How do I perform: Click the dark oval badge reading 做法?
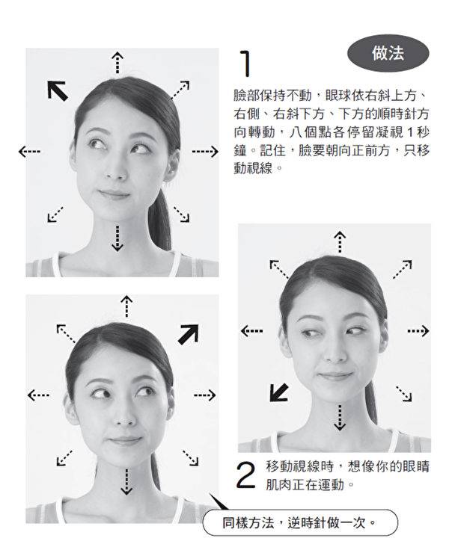coord(388,54)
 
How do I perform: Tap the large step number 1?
coord(245,64)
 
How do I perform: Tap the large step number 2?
coord(245,475)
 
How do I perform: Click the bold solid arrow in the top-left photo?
coord(58,90)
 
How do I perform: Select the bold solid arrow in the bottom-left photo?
coord(188,334)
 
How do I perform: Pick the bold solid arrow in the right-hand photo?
coord(279,392)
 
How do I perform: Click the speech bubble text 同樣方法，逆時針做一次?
coord(299,522)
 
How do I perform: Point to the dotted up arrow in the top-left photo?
coord(117,63)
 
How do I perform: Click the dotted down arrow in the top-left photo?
coord(117,238)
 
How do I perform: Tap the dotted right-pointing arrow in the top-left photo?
coord(205,152)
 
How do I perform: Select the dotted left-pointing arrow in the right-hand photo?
coord(251,331)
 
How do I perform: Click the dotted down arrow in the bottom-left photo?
coord(126,481)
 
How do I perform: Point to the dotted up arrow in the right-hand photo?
coord(340,242)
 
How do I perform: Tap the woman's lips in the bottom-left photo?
coord(124,441)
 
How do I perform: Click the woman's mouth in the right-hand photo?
coord(335,374)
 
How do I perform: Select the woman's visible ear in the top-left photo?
coord(171,165)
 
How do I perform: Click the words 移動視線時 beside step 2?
coord(299,466)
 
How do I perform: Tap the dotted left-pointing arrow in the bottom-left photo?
coord(38,395)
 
